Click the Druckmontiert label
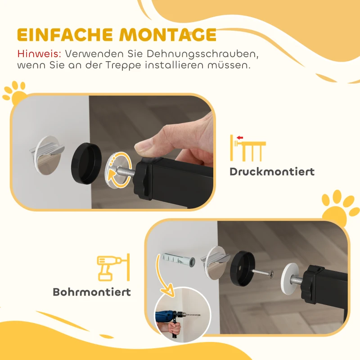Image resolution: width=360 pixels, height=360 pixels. (272, 172)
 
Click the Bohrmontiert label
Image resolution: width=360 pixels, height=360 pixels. (92, 292)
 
